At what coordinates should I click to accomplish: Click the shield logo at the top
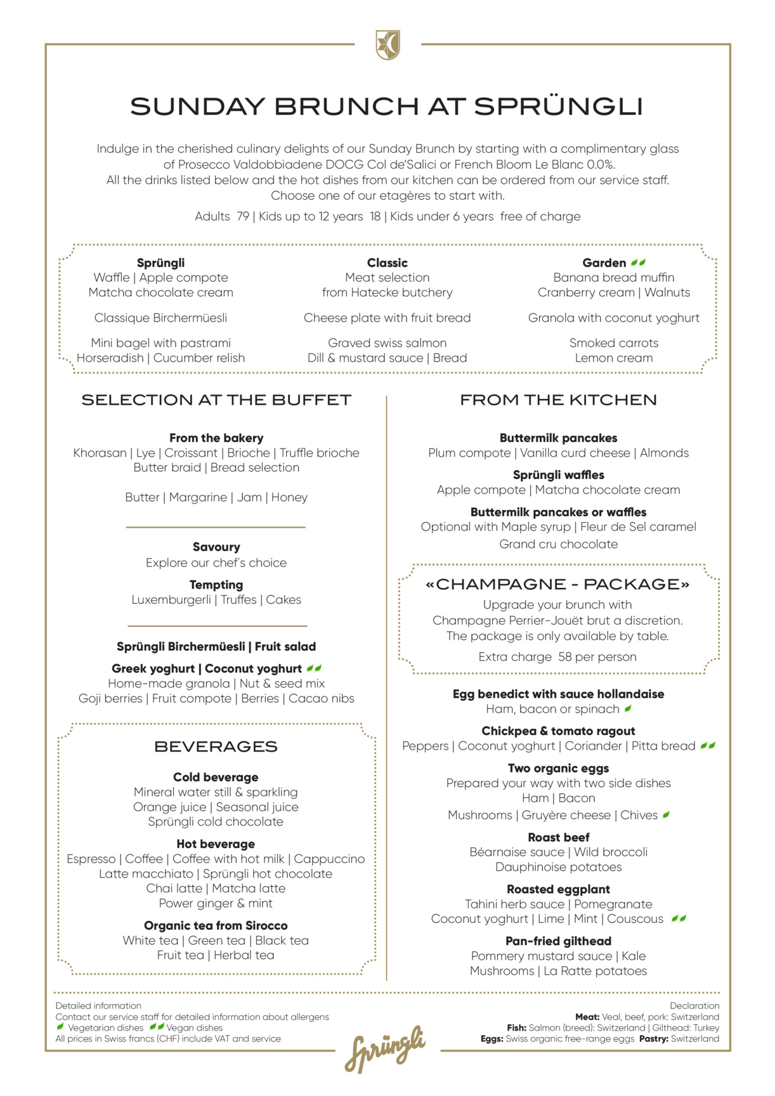[387, 45]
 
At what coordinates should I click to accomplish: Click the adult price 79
[243, 216]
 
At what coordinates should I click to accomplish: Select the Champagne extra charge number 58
[565, 657]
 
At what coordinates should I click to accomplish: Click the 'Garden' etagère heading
[604, 263]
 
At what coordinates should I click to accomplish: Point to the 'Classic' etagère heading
[387, 263]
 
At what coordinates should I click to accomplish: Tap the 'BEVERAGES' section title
[216, 747]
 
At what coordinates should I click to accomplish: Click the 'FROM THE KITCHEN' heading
[558, 400]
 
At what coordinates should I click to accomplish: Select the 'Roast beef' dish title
[558, 837]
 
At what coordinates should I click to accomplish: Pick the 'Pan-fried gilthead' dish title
[558, 941]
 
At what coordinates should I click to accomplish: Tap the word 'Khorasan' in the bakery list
[100, 453]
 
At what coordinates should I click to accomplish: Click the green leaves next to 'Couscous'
[679, 918]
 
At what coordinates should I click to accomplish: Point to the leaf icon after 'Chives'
[666, 815]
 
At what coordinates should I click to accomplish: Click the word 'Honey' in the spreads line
[289, 497]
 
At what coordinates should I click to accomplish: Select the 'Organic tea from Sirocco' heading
[216, 925]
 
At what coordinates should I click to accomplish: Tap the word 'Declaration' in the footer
[694, 1005]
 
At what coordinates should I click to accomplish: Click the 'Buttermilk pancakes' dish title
[558, 438]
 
